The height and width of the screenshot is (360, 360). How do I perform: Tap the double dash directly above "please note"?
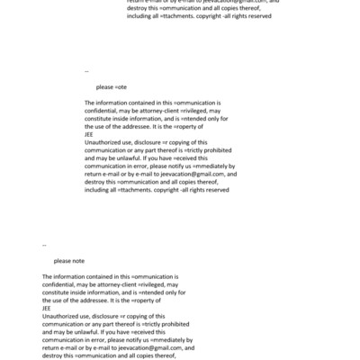pos(44,244)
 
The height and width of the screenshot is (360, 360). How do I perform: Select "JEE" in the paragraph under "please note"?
pos(47,309)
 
